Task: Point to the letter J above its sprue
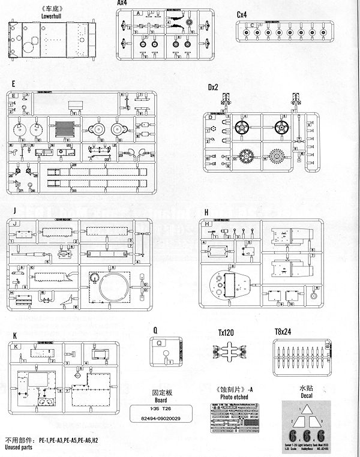click(x=13, y=212)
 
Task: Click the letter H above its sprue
click(x=206, y=212)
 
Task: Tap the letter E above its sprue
click(x=13, y=85)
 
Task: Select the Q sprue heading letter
click(x=155, y=329)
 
